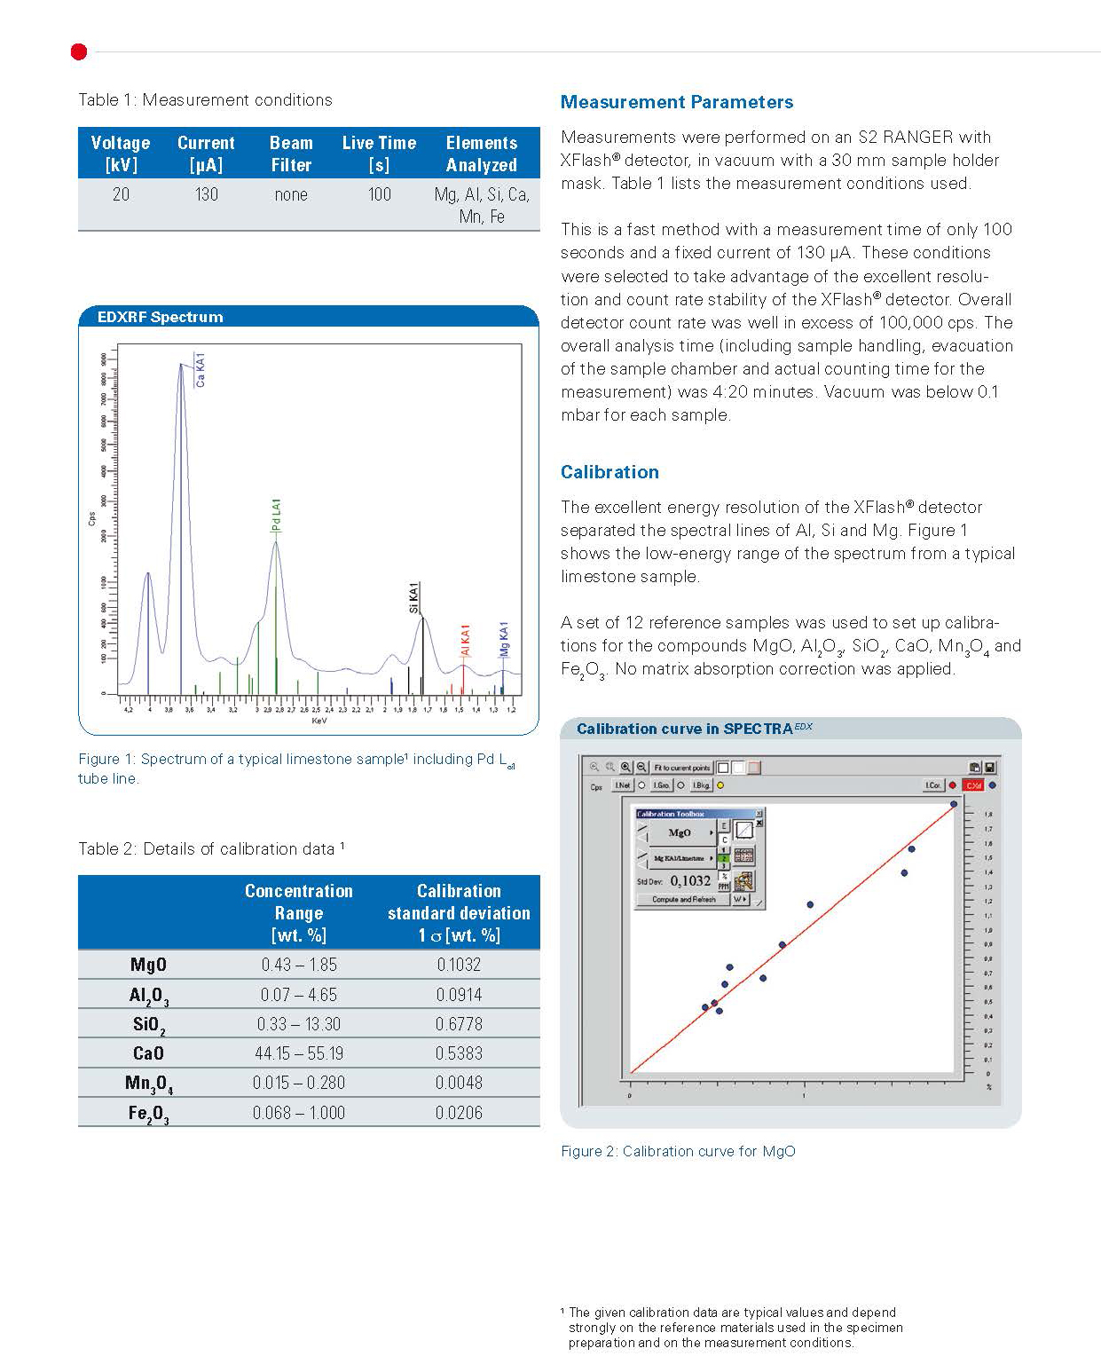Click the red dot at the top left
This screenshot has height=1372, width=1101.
click(x=79, y=52)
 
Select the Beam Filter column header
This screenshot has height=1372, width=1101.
click(x=291, y=154)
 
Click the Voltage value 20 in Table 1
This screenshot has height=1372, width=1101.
click(x=121, y=194)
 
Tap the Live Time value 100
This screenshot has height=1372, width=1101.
click(x=380, y=194)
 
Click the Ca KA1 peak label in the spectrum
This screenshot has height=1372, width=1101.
click(x=201, y=369)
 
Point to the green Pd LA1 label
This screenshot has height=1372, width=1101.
click(x=277, y=516)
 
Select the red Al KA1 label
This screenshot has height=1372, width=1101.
click(x=465, y=640)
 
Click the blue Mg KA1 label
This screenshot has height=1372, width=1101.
click(x=504, y=638)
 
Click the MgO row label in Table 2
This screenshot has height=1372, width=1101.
click(x=148, y=965)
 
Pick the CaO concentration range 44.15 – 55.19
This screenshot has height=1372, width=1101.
click(x=299, y=1053)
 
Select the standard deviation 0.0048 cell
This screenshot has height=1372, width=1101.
click(x=459, y=1083)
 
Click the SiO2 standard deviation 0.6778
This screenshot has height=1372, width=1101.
click(x=459, y=1024)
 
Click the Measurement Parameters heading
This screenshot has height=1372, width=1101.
click(x=677, y=102)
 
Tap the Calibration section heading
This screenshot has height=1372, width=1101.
click(x=609, y=472)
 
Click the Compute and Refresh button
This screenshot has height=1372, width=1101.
click(x=683, y=899)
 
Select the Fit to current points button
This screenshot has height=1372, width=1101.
click(x=681, y=768)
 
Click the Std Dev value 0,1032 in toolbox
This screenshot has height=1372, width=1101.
click(x=690, y=880)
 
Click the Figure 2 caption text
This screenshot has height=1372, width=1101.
click(x=678, y=1151)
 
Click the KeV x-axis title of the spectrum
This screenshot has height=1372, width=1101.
click(x=319, y=721)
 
